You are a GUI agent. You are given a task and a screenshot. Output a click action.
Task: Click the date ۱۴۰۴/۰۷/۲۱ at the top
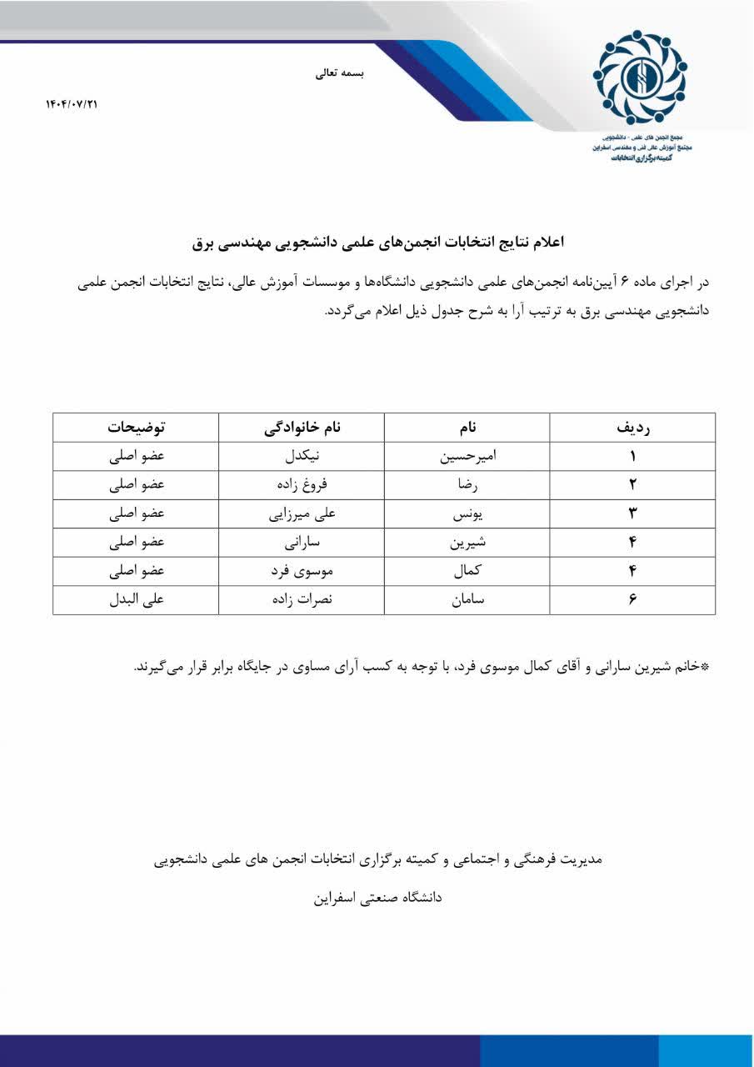click(x=72, y=104)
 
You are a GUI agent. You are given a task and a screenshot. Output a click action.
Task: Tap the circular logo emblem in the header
click(x=640, y=77)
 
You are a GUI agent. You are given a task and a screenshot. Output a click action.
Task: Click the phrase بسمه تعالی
click(x=339, y=73)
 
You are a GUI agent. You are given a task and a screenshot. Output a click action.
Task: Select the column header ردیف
click(x=632, y=428)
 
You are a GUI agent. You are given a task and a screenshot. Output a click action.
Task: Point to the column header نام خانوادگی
click(x=302, y=428)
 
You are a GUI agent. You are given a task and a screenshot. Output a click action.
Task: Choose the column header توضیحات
click(x=136, y=428)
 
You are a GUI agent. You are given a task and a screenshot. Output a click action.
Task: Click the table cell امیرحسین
click(x=467, y=457)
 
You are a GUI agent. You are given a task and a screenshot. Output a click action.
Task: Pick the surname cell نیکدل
click(x=301, y=457)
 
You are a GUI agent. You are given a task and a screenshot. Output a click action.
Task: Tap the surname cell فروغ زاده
click(x=301, y=485)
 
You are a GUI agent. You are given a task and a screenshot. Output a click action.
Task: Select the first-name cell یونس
click(x=467, y=514)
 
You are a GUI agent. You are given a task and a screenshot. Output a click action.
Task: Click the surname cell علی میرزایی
click(x=301, y=514)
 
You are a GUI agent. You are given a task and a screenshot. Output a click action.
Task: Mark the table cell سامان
click(x=467, y=600)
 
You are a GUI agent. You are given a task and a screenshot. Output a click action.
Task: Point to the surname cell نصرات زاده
click(x=301, y=600)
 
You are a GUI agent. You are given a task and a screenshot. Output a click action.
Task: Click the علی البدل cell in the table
click(x=136, y=600)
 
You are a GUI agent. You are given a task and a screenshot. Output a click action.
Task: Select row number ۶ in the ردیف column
click(x=632, y=600)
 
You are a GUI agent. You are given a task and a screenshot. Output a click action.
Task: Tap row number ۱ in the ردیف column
click(x=632, y=457)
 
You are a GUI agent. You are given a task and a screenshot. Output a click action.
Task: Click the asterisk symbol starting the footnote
click(x=705, y=668)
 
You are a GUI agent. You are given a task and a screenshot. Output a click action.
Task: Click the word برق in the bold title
click(x=204, y=243)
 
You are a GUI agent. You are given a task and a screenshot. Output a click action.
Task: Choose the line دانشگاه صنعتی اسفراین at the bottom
click(x=377, y=898)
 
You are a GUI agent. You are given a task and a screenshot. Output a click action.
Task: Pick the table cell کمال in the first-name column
click(x=467, y=572)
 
